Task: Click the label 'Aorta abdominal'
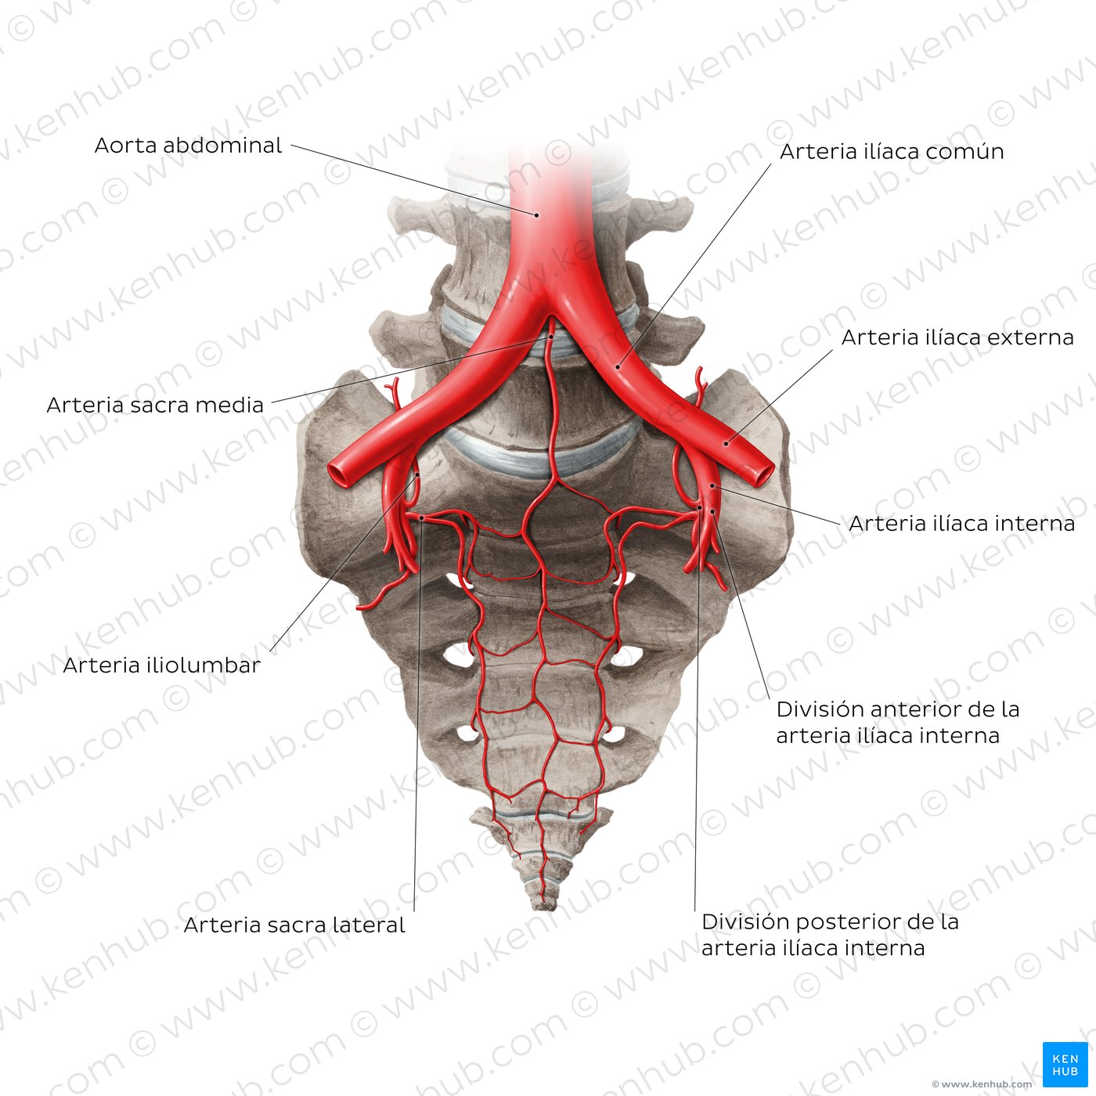(188, 146)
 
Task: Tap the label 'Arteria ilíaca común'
(891, 152)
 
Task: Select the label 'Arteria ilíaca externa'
(957, 337)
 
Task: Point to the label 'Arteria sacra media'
(155, 405)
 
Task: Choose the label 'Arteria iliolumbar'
(161, 665)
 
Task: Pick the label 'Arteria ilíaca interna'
(961, 523)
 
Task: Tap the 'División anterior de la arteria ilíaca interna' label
(897, 723)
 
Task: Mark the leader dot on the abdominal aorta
(536, 215)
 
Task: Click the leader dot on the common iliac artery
(618, 366)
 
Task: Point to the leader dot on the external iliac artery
(726, 444)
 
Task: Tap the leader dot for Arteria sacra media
(550, 337)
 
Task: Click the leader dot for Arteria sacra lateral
(421, 518)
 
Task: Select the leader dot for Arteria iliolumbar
(417, 474)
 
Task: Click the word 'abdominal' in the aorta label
(222, 146)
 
